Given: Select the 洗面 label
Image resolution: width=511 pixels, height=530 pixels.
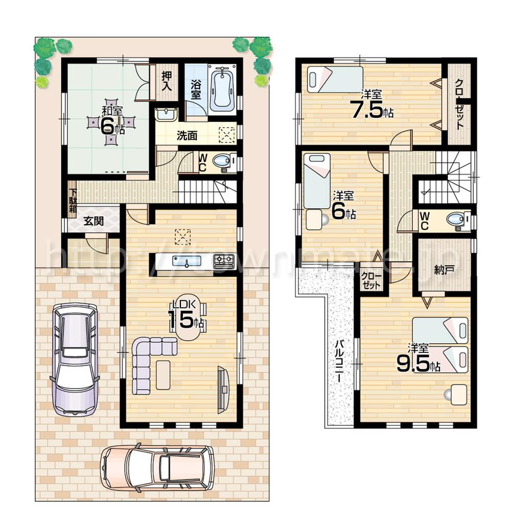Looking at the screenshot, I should coord(187,136).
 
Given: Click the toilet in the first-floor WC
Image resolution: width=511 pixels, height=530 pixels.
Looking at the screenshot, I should coord(222,161).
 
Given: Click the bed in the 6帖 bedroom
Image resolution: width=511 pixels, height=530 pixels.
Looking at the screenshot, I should coord(317,181).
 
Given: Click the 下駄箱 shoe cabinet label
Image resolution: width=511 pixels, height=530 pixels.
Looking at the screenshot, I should coord(73,198).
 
